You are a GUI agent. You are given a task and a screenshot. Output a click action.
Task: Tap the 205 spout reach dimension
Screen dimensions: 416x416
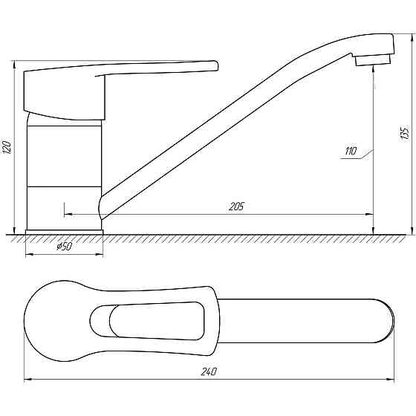point(237,206)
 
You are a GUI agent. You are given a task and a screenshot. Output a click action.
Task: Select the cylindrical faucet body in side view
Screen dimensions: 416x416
point(64,175)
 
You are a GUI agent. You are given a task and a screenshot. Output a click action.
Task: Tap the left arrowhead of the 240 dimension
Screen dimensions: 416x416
point(27,379)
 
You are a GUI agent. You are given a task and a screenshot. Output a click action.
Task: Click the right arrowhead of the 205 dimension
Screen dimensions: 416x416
point(369,213)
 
